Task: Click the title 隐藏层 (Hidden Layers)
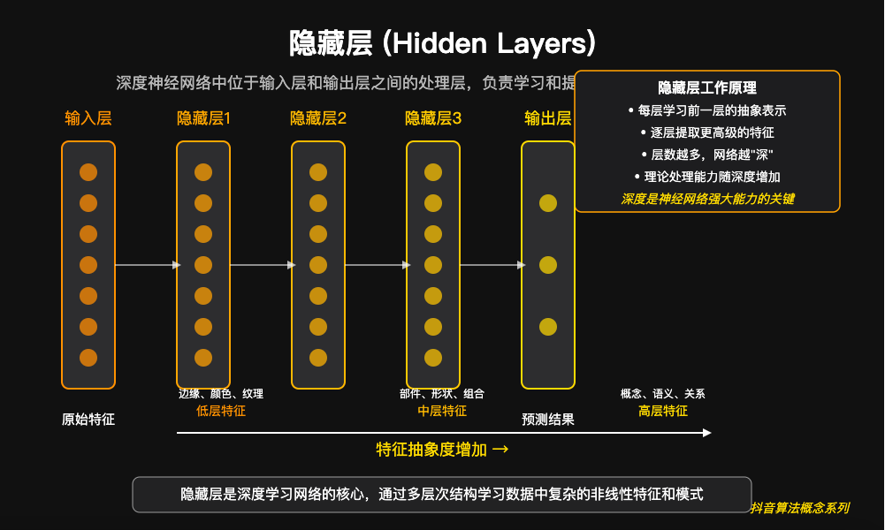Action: coord(442,43)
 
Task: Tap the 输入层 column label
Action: coord(88,118)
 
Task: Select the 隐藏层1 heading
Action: coord(203,118)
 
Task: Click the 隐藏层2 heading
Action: coord(318,118)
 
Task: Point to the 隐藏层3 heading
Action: coord(433,118)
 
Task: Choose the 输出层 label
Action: coord(547,118)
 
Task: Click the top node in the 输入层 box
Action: coord(88,172)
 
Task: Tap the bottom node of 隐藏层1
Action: coord(203,358)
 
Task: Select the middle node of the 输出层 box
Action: coord(548,265)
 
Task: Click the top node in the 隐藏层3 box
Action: coord(433,172)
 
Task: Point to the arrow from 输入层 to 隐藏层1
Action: coord(146,265)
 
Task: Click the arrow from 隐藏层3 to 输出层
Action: coord(491,265)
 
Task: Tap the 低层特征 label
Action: coord(221,411)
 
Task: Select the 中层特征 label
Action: coord(442,411)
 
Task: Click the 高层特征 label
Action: coord(663,411)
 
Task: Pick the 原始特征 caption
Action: coord(88,420)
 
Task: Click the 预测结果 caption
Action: coord(548,420)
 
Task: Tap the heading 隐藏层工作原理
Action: coord(707,88)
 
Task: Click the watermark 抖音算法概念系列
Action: coord(799,508)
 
